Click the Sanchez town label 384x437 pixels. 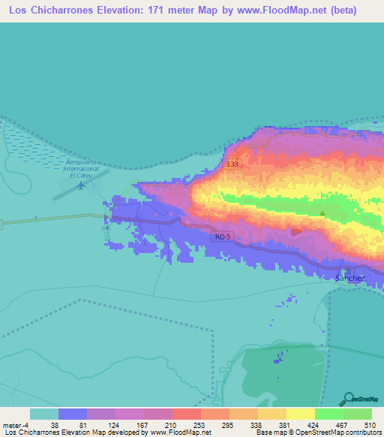tap(350, 278)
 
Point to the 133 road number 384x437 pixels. tap(232, 164)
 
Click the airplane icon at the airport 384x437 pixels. tap(80, 185)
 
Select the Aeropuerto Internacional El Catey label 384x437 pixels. tap(82, 169)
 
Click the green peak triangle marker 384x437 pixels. tap(322, 213)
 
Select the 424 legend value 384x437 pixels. tap(314, 425)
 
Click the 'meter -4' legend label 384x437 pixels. tap(15, 425)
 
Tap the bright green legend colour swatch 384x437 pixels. tap(328, 414)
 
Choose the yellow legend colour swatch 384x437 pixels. tap(300, 414)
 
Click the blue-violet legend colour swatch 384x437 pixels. tap(72, 414)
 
